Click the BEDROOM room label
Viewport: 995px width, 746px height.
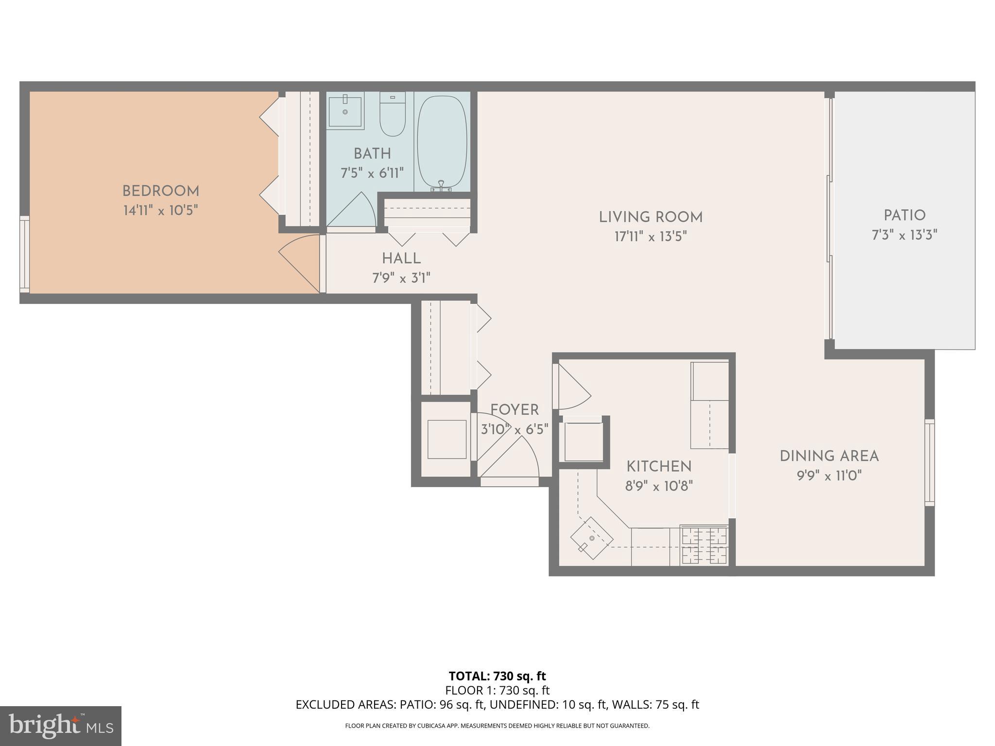[160, 191]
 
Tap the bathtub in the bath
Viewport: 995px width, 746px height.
[442, 142]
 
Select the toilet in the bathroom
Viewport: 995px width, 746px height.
[393, 115]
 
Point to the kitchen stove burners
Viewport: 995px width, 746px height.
[704, 545]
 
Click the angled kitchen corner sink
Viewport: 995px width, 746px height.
[591, 538]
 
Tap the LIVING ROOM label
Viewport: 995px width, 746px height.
[651, 217]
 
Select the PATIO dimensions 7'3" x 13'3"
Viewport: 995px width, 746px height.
[904, 236]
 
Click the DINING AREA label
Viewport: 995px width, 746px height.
[829, 456]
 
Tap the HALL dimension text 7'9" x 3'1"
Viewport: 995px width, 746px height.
[401, 278]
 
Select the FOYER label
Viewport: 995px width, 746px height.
[515, 410]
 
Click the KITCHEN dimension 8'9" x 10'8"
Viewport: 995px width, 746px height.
[659, 486]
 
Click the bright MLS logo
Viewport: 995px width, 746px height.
[60, 726]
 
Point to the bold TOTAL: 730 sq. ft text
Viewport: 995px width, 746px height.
[497, 676]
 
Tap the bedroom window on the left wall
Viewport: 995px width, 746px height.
[24, 254]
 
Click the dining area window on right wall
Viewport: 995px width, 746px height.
[929, 463]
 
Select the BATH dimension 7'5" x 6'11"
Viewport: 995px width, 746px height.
[372, 173]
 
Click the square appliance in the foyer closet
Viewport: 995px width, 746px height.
[446, 439]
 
